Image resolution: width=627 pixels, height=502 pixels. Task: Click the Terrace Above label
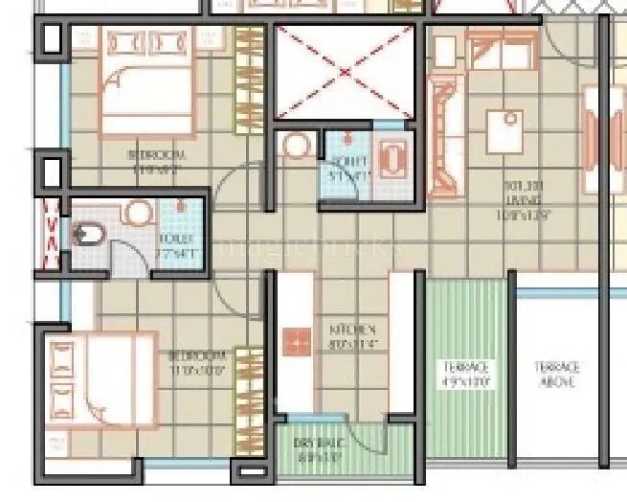pos(556,375)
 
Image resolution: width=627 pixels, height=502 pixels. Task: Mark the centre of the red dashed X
pos(345,72)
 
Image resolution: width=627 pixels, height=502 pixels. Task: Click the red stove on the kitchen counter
pos(297,340)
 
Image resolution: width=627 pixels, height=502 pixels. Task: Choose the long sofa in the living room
pos(444,134)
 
